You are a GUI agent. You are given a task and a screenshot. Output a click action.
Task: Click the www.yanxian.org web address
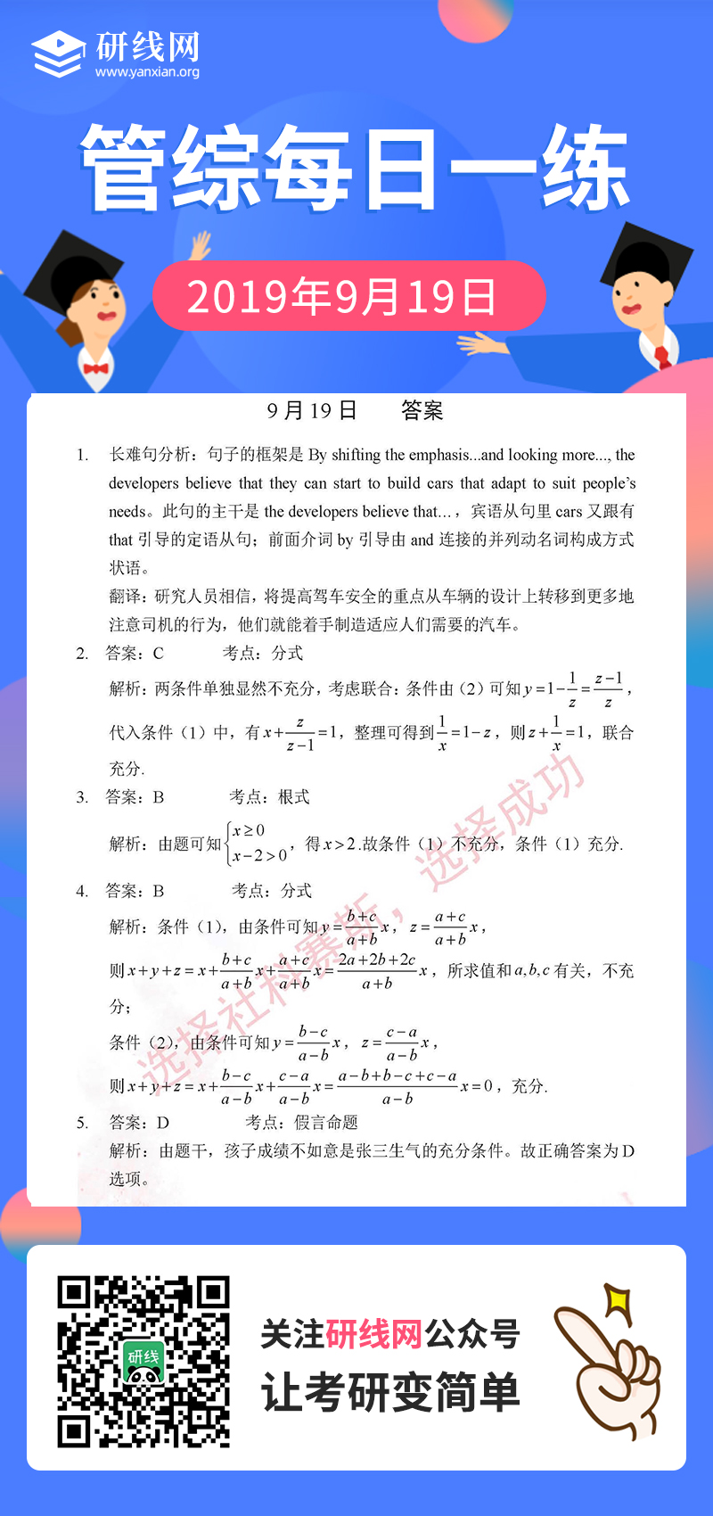[147, 72]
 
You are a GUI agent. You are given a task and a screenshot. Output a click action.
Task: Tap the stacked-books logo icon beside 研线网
[59, 54]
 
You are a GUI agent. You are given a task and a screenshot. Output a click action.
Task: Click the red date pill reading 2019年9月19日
[348, 296]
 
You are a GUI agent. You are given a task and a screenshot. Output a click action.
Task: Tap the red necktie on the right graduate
[662, 358]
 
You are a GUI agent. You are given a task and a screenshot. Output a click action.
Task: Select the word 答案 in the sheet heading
[422, 410]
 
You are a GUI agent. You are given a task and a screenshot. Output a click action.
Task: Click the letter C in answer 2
[159, 654]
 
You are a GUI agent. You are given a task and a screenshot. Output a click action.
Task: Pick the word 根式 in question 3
[294, 797]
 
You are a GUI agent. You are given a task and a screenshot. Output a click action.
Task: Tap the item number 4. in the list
[82, 891]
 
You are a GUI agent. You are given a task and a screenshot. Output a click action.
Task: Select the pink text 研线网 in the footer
[373, 1335]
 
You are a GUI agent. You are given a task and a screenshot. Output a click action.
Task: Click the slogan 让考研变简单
[389, 1392]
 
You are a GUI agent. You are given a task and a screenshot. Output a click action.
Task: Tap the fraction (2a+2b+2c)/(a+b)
[377, 971]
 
